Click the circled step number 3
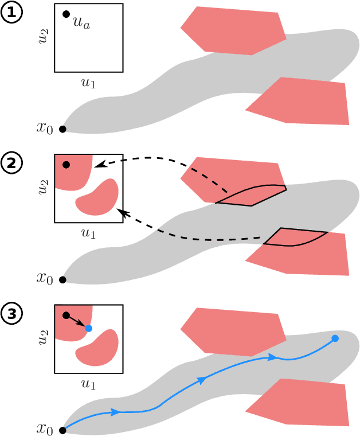11,314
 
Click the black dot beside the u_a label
66,14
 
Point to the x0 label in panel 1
45,128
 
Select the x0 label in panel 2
45,279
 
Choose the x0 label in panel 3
45,430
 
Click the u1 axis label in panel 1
89,83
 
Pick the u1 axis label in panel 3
89,384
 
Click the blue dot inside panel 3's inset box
88,328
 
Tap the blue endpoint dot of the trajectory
335,338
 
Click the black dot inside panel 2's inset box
66,165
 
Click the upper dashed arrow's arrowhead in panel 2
97,166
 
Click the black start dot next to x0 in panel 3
62,430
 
